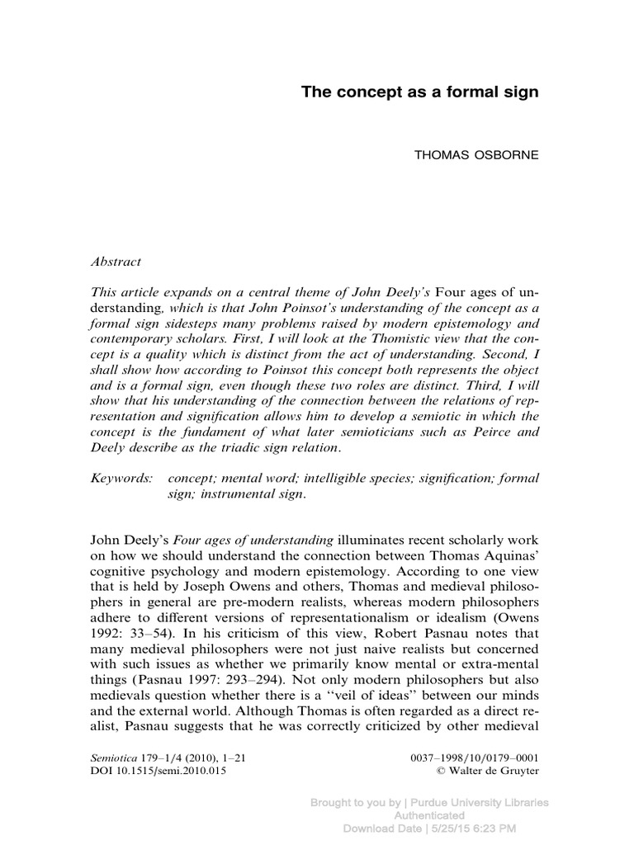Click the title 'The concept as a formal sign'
[419, 92]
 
